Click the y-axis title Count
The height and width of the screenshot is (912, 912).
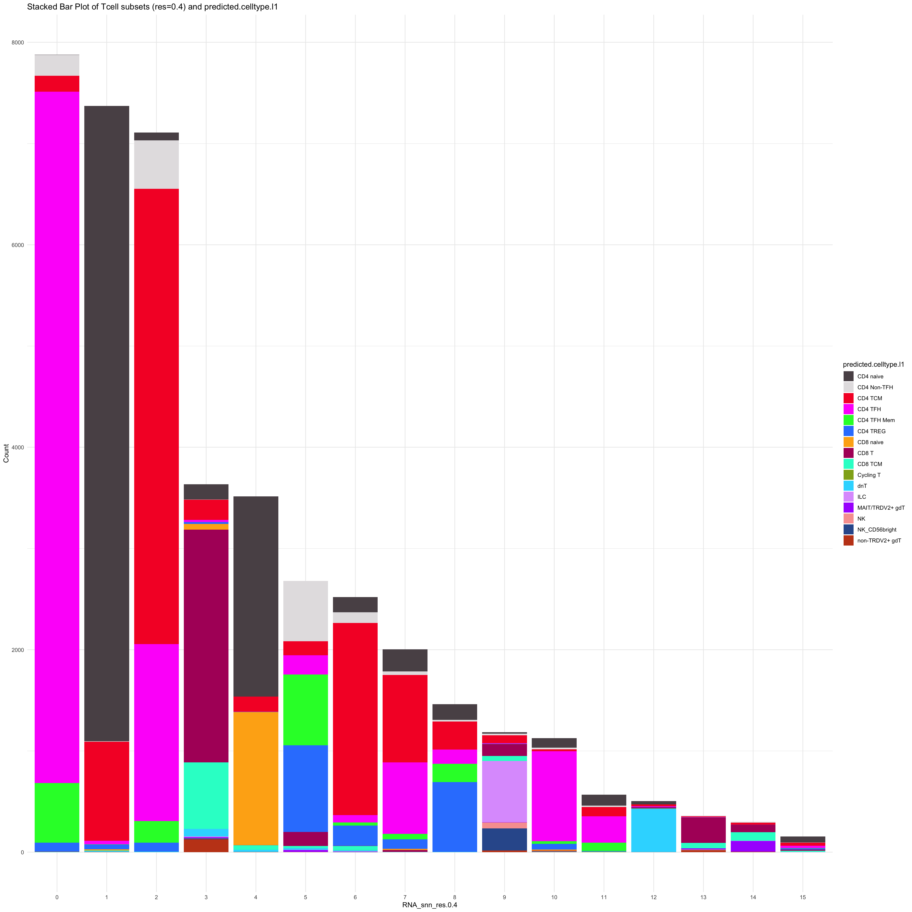[6, 453]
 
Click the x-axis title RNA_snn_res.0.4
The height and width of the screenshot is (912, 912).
[430, 905]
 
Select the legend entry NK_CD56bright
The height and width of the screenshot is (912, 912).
[877, 530]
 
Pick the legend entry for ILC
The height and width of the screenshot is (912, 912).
[861, 497]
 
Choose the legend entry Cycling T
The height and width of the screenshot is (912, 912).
[869, 475]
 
